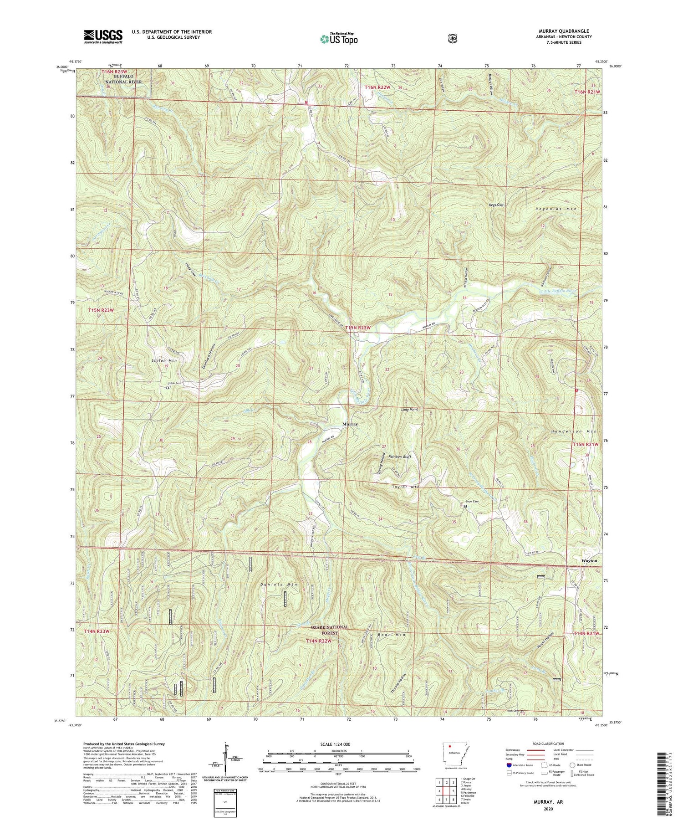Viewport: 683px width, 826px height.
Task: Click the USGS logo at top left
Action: (x=103, y=36)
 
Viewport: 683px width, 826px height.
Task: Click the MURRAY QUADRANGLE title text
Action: (x=565, y=31)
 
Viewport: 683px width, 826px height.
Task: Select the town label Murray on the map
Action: (x=350, y=424)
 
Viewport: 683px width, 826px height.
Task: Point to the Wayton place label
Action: (x=589, y=561)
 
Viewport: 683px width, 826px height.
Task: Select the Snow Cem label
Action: (x=472, y=502)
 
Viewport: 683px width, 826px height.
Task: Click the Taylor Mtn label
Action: (x=405, y=487)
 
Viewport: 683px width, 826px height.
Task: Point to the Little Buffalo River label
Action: (x=558, y=291)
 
